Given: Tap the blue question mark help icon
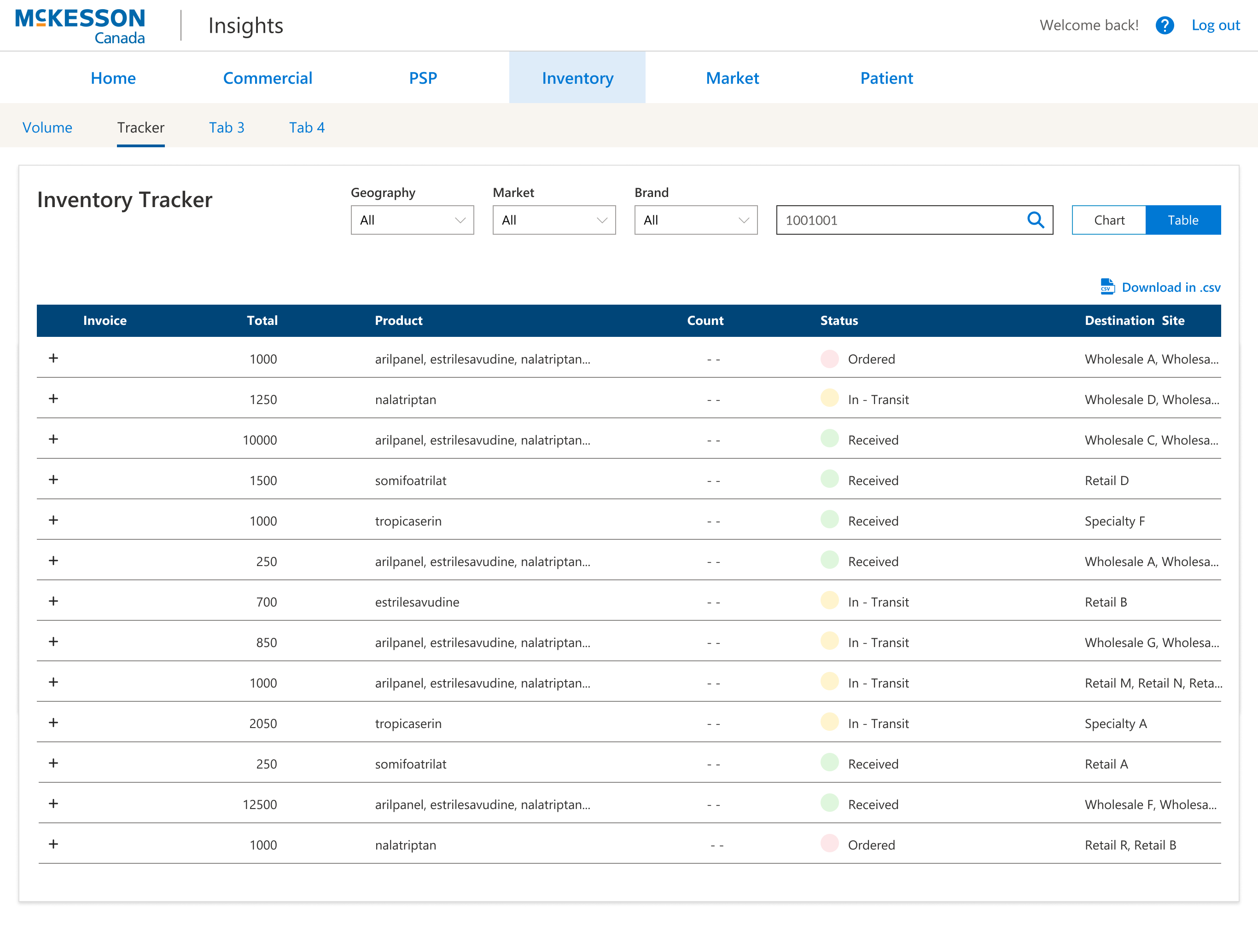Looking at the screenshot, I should point(1165,25).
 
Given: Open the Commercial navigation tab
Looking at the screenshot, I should point(267,78).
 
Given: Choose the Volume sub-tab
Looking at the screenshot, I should point(47,127).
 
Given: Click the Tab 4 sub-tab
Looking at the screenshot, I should point(306,127).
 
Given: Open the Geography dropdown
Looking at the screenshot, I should point(412,220).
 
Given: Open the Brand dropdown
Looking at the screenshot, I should point(695,220).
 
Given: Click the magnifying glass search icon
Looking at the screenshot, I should point(1035,220).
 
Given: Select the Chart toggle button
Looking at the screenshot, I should point(1108,220).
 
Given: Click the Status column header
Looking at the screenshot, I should point(839,320).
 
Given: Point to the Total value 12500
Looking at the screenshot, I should point(259,804).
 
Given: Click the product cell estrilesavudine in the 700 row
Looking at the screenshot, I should point(417,602).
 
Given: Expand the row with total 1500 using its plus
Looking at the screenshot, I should point(53,480).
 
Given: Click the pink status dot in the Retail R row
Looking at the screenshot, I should point(829,844).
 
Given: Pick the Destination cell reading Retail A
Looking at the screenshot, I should point(1106,764).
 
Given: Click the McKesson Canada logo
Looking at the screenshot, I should point(80,26).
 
